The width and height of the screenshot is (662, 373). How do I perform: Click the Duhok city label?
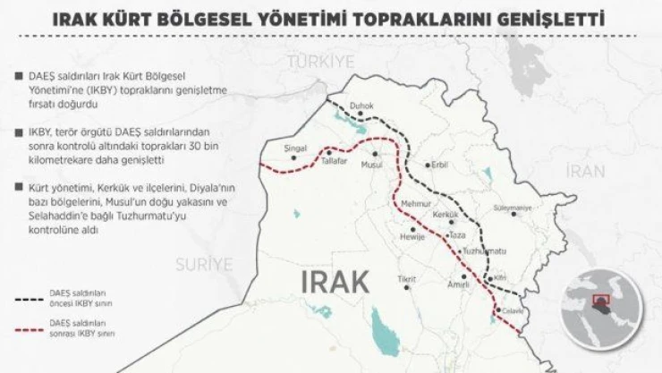(362, 105)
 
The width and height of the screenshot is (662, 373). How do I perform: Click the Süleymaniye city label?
(513, 208)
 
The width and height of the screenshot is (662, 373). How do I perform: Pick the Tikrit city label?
(407, 280)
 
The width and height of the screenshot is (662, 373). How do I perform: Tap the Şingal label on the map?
(294, 147)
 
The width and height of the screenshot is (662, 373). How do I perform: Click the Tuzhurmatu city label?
(482, 251)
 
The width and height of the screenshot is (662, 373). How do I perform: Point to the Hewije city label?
(412, 238)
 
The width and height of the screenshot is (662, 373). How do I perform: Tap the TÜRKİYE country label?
(320, 61)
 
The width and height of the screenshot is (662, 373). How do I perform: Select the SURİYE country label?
(203, 264)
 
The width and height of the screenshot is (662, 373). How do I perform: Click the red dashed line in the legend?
(35, 328)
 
